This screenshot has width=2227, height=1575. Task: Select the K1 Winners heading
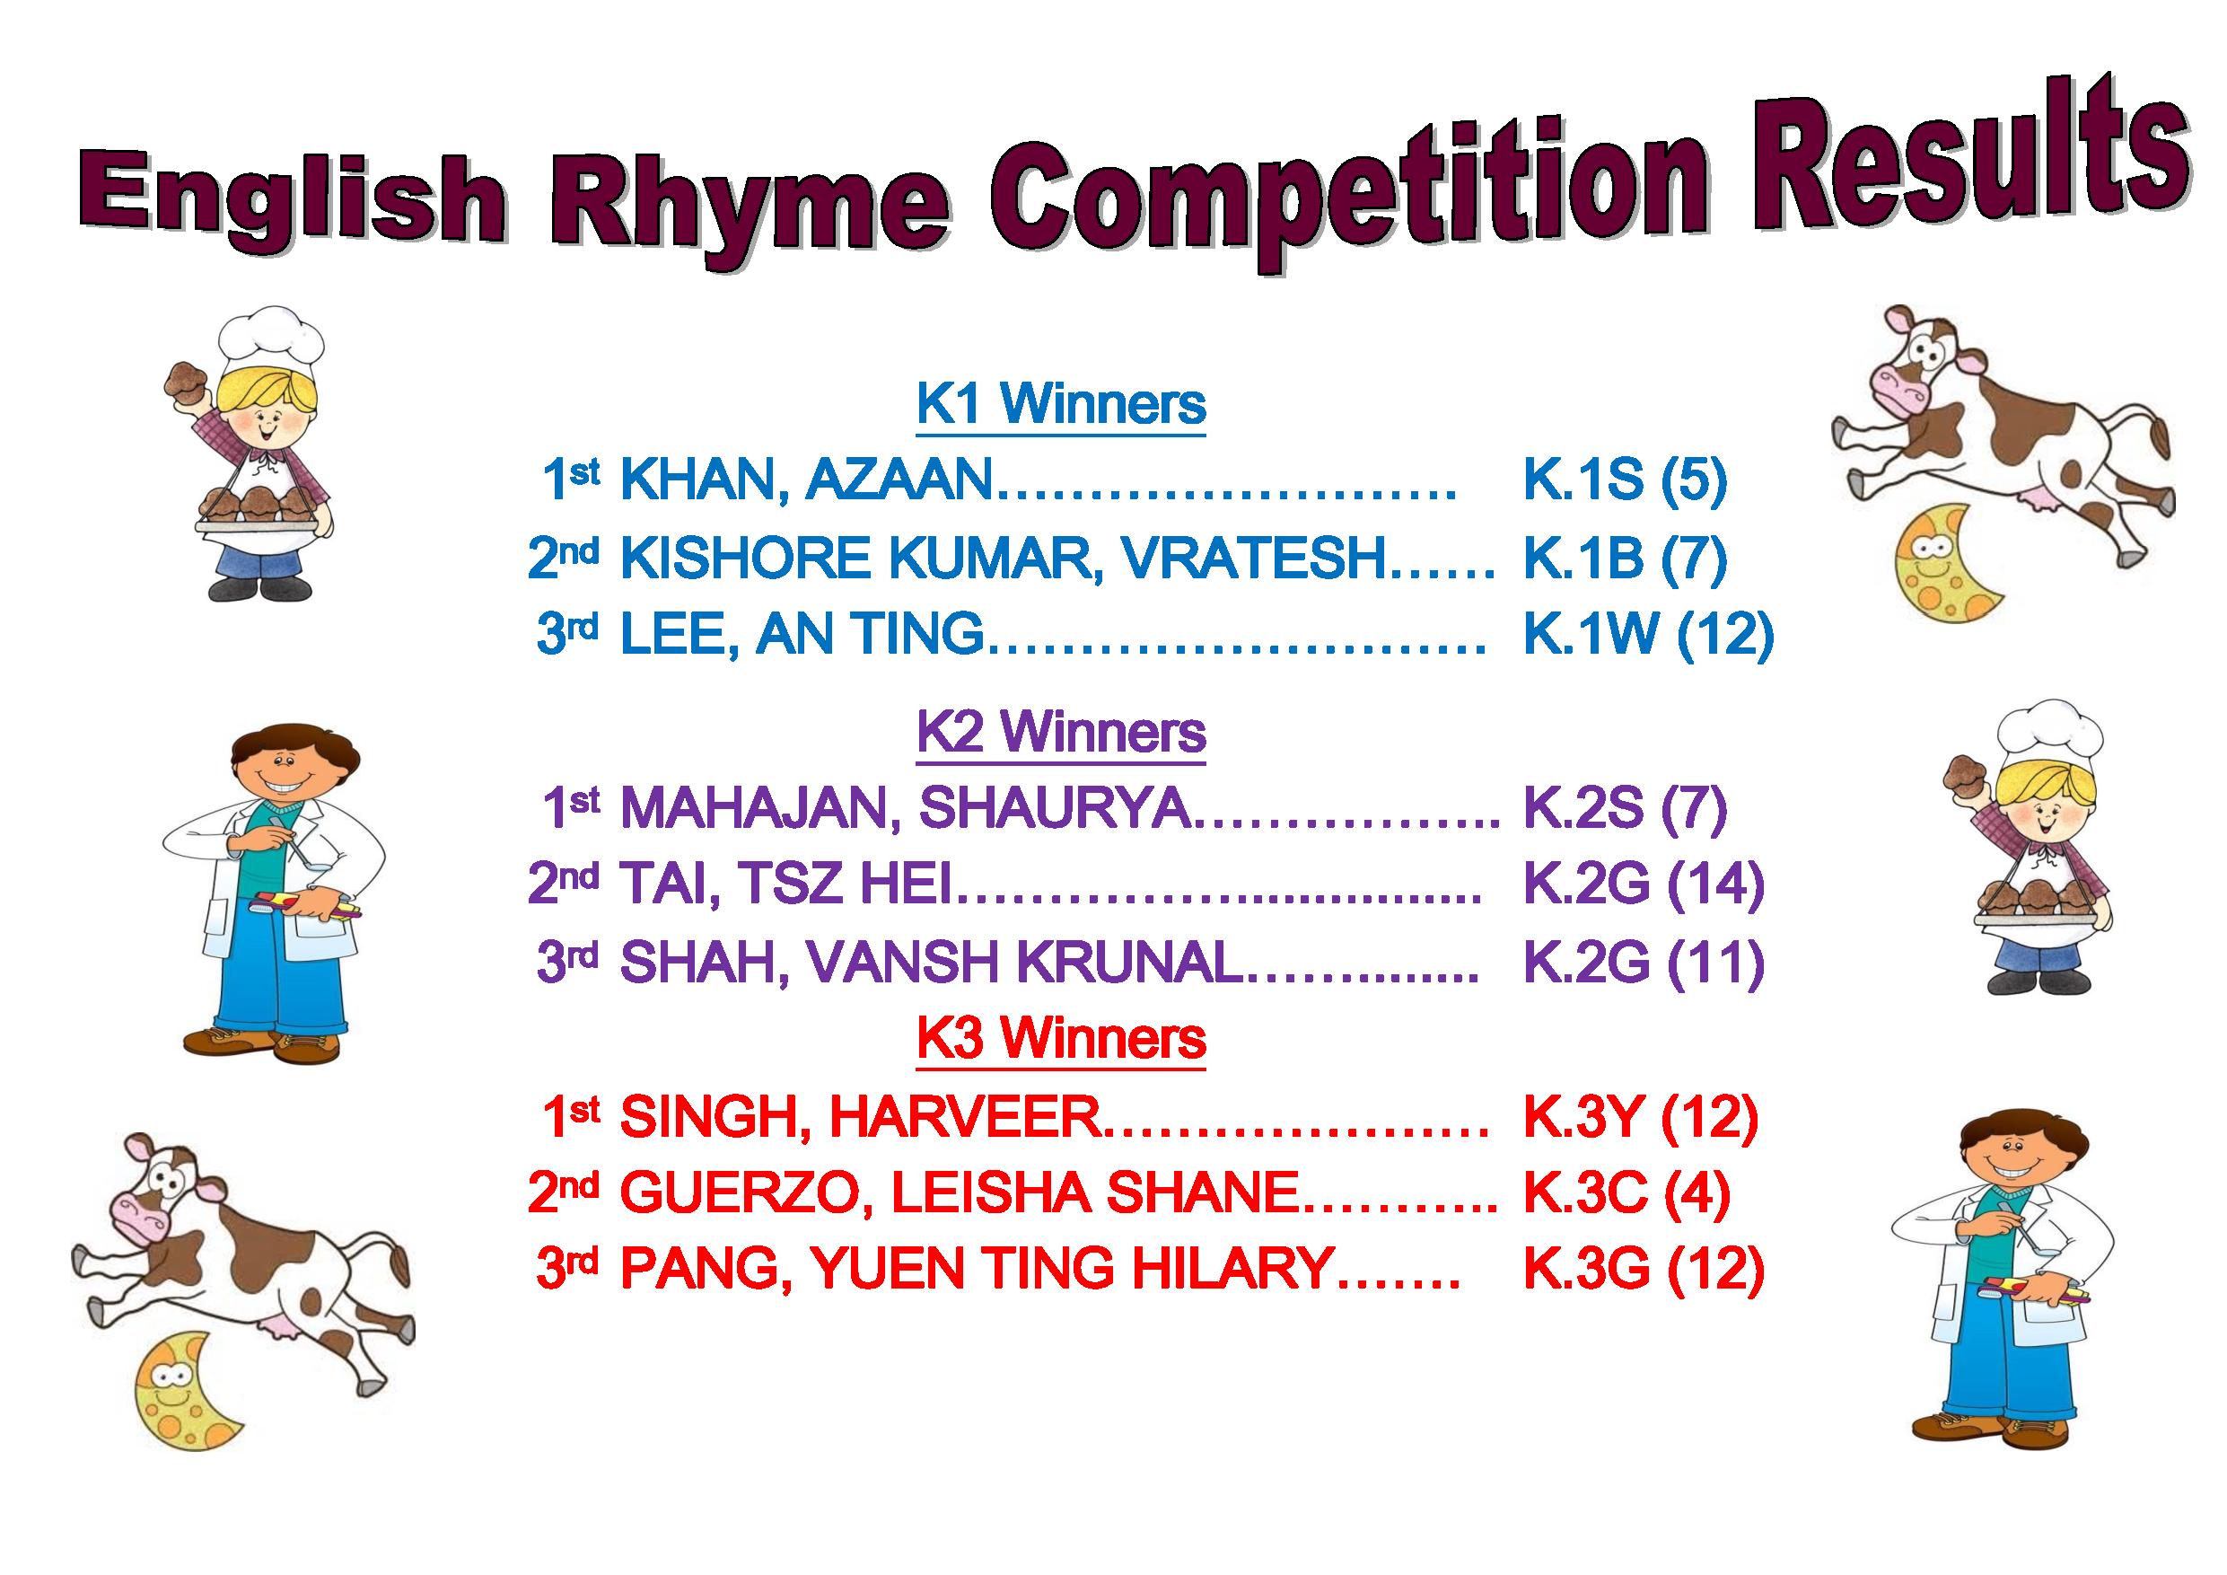click(x=1061, y=405)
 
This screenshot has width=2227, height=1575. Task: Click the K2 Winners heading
click(x=1061, y=733)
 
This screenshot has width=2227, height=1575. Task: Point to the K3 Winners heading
click(x=1061, y=1039)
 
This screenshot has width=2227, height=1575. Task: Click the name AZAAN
click(x=901, y=480)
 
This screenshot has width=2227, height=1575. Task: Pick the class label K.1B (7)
click(x=1626, y=558)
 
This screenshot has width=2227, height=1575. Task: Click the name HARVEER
click(x=966, y=1117)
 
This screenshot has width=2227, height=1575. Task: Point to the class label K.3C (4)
click(x=1626, y=1193)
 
